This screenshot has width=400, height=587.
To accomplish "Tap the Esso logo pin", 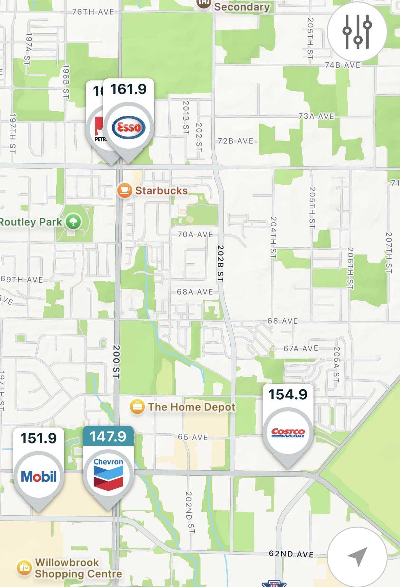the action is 129,128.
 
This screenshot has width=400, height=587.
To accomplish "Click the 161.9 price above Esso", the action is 128,89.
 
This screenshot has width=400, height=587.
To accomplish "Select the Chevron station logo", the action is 108,474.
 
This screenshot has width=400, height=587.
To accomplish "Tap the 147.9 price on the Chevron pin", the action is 108,436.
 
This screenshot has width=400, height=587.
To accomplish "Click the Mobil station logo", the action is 39,476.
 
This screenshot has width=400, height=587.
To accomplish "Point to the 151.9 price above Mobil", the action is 38,438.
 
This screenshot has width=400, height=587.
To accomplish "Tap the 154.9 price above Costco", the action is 288,394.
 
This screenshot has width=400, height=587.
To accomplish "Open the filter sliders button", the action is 357,32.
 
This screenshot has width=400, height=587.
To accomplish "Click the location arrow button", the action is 357,556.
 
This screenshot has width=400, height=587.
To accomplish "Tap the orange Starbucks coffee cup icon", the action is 125,190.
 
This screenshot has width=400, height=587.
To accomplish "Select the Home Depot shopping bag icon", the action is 137,406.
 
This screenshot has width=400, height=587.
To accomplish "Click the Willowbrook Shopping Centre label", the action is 78,568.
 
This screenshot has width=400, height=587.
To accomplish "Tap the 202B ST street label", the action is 220,263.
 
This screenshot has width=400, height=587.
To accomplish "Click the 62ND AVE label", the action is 291,554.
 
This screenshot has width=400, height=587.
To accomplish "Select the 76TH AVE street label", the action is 93,12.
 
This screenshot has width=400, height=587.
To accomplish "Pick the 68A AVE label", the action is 195,292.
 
